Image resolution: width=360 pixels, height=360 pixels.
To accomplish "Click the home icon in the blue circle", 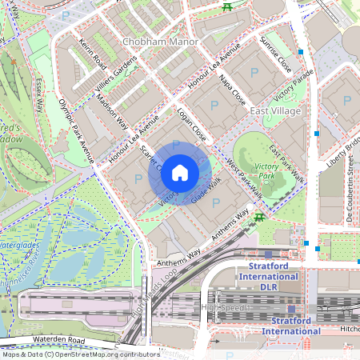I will (x=180, y=173).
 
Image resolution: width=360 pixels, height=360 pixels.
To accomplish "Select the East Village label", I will (x=274, y=110).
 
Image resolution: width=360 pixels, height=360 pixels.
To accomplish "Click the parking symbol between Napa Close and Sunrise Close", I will (x=254, y=73).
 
